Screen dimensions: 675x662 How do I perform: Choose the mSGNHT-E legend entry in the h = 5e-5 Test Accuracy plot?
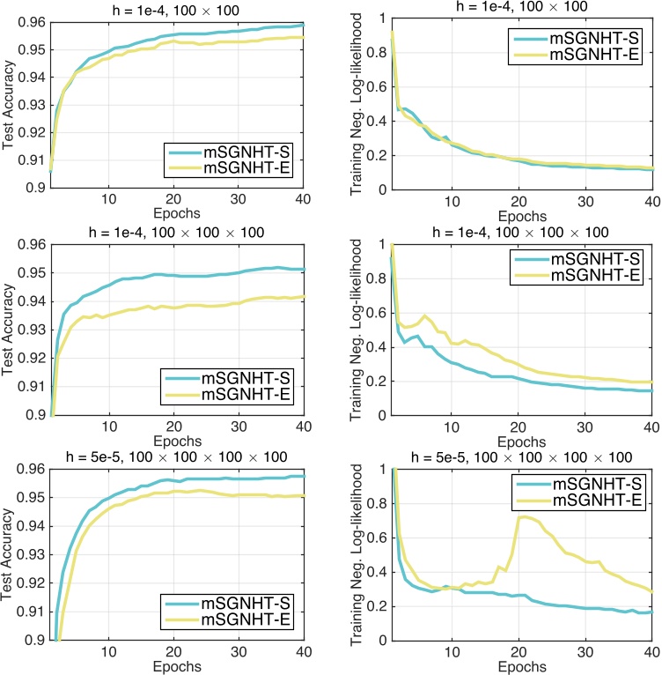coord(243,625)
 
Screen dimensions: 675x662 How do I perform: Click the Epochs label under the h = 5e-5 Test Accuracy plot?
coord(180,668)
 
